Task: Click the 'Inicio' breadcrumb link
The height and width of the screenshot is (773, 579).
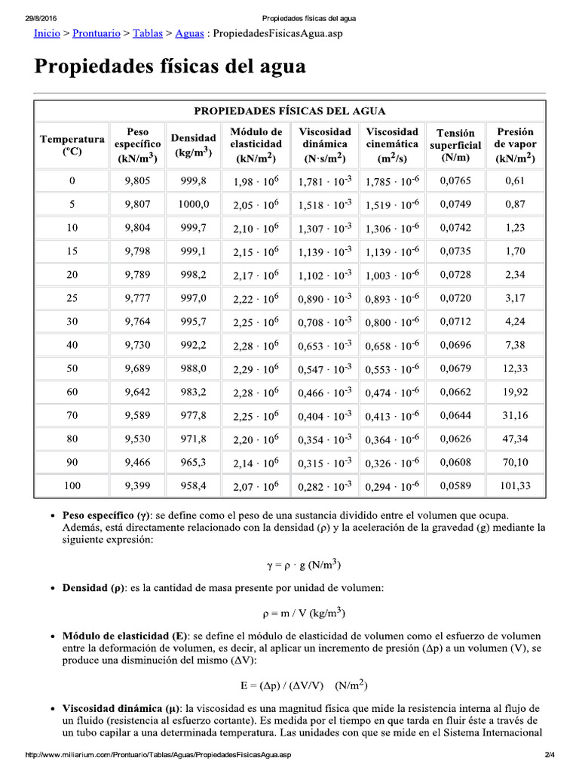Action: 47,34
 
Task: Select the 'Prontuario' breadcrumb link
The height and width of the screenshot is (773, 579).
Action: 97,34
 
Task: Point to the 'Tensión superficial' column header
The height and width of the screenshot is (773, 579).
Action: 455,145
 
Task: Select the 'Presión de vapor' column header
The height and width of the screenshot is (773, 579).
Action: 515,145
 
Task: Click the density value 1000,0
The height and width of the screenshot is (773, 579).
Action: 193,205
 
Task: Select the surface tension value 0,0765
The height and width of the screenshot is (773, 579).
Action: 455,181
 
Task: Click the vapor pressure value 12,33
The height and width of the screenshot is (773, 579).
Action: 515,369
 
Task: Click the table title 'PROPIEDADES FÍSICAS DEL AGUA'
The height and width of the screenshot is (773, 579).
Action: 289,111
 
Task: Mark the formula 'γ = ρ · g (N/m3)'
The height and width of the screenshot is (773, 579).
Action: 289,564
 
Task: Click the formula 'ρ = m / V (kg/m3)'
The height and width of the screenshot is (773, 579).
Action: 289,613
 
